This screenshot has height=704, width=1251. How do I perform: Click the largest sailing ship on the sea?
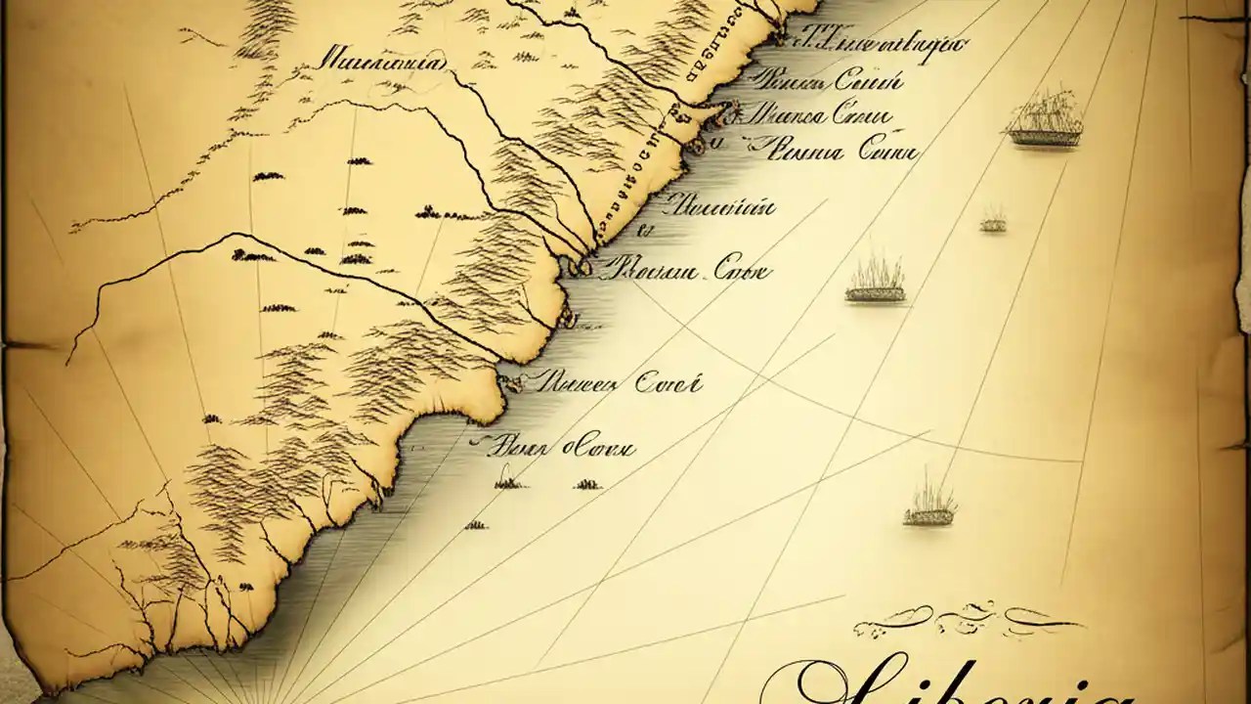(1045, 123)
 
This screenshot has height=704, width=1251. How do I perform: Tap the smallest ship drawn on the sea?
(993, 221)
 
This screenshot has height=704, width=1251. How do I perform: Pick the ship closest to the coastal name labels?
(875, 283)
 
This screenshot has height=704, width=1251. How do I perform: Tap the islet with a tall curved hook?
(507, 480)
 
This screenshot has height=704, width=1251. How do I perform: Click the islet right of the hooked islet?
(586, 483)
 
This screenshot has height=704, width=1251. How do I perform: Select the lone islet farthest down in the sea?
(476, 525)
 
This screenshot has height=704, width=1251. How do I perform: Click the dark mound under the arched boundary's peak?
(252, 256)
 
